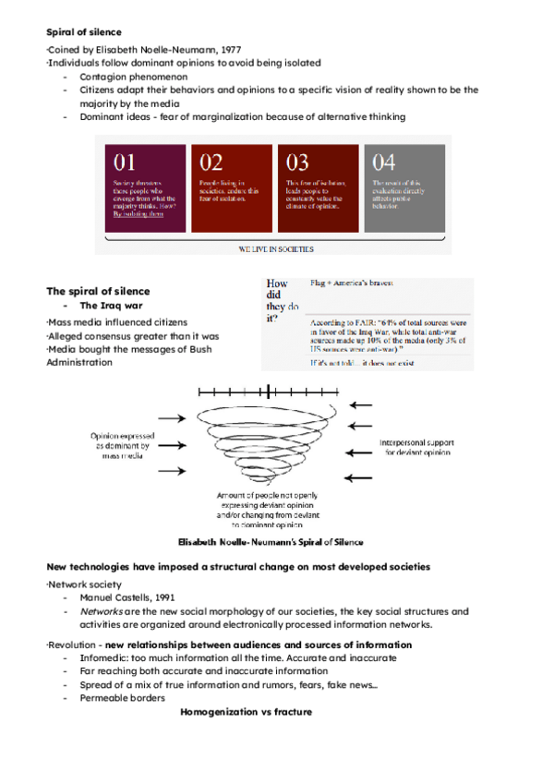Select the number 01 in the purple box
pos(126,163)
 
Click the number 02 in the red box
pos(211,163)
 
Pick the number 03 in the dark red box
pos(297,163)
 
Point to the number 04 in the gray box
pos(384,163)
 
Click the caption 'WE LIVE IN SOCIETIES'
pos(276,248)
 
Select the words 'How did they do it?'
pos(278,301)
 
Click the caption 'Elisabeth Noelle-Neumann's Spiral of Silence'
pos(271,541)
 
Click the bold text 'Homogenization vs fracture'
pos(246,712)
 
